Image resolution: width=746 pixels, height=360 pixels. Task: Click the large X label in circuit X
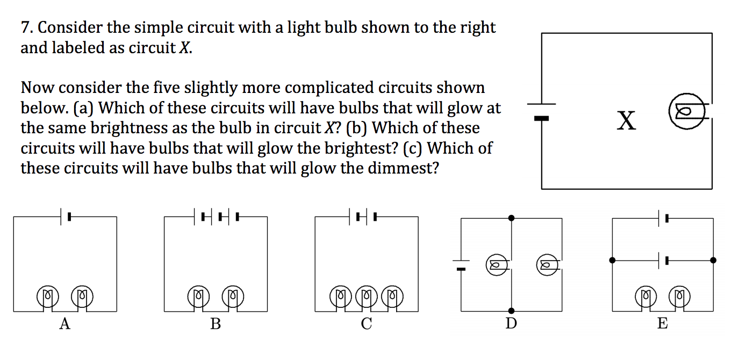[627, 120]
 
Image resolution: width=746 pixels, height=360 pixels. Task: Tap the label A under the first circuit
[64, 324]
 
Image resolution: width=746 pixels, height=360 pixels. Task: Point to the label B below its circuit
[216, 324]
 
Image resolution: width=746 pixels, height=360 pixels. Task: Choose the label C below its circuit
[366, 324]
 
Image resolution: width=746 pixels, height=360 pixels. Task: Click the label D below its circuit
[511, 324]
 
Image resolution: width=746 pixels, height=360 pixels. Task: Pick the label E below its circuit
[662, 324]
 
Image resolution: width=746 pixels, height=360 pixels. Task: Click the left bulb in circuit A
[47, 296]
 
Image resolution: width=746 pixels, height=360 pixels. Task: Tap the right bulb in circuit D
[547, 264]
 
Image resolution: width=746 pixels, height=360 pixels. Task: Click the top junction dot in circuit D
[511, 218]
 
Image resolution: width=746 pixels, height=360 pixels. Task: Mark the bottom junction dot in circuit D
[511, 311]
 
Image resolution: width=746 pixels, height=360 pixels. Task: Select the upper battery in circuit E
[663, 218]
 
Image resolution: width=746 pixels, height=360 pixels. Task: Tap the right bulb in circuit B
[233, 296]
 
